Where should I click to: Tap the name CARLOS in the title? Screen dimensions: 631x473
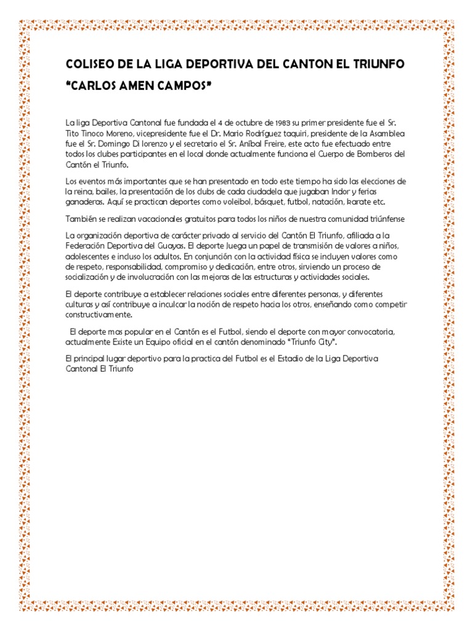tap(93, 83)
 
